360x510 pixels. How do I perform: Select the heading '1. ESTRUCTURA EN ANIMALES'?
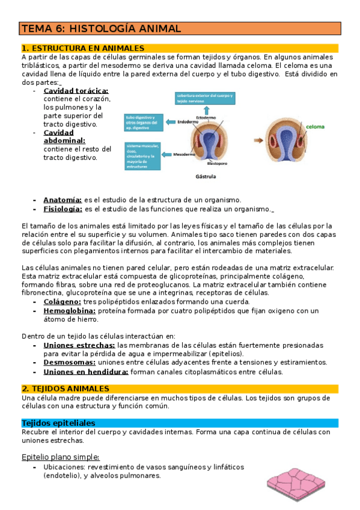83,48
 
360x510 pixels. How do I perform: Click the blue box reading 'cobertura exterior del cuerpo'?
206,99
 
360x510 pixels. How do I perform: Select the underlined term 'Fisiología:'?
63,209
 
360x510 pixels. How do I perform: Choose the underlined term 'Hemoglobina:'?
69,310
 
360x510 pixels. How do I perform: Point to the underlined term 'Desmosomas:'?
69,362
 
